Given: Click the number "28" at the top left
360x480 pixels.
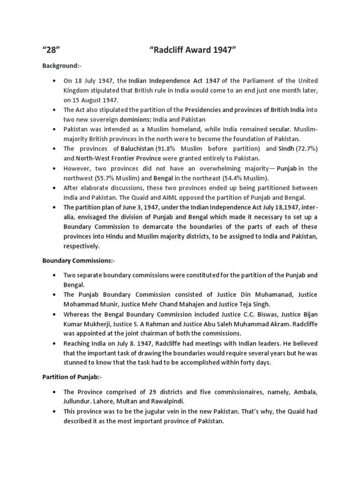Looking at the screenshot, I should coord(52,51).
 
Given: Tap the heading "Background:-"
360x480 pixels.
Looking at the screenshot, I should coord(62,67).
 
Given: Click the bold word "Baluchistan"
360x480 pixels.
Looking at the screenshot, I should coord(136,149).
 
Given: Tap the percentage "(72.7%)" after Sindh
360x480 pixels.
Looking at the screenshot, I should coord(303,149).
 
